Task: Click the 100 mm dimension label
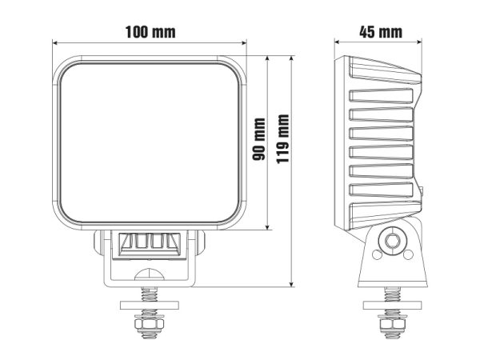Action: point(150,32)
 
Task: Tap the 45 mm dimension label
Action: point(381,32)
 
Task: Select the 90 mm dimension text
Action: point(258,139)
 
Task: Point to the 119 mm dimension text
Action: point(282,139)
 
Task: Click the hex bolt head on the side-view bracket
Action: point(392,241)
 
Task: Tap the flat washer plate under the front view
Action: point(150,306)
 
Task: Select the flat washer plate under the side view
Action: point(392,306)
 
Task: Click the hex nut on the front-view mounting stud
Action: point(149,324)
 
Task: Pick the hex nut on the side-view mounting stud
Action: point(392,324)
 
